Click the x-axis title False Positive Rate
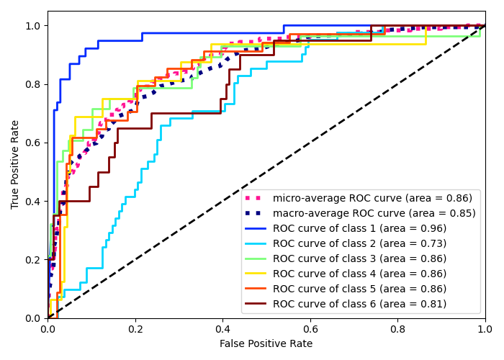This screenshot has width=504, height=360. coord(266,344)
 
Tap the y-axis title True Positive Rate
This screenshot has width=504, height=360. coord(16,164)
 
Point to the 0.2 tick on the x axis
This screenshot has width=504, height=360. coord(135,329)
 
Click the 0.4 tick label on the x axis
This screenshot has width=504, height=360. coord(222,329)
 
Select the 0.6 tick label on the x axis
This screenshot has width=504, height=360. coord(310,329)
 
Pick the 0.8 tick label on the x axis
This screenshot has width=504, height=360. coord(397,329)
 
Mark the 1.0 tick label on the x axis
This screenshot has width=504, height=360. coord(485,329)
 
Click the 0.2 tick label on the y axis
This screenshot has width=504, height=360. coord(33,260)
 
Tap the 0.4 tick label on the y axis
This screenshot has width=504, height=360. coord(33,202)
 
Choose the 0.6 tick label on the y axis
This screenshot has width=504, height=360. coord(33,143)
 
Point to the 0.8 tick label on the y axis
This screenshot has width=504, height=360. coord(33,84)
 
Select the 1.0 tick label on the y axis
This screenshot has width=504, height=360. coord(33,26)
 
